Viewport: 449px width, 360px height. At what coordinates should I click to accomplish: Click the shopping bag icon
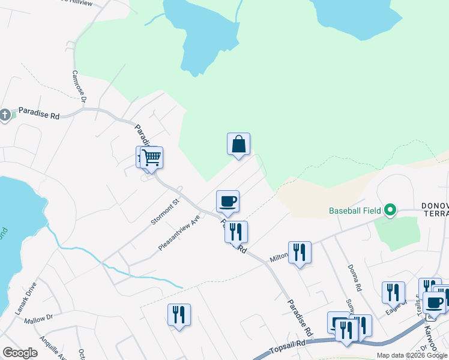[x=238, y=145]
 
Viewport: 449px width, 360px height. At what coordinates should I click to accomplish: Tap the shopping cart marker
[x=152, y=158]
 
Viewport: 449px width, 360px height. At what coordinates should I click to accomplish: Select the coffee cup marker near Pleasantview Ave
[x=228, y=201]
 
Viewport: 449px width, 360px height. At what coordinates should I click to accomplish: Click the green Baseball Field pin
[x=390, y=210]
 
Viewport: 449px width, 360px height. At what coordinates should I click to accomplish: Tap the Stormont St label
[x=165, y=212]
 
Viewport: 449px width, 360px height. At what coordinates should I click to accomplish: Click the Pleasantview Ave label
[x=178, y=233]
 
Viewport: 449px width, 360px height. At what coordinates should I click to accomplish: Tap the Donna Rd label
[x=354, y=279]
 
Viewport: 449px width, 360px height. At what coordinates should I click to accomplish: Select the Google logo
[x=20, y=353]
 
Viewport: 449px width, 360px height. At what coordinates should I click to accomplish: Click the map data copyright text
[x=412, y=355]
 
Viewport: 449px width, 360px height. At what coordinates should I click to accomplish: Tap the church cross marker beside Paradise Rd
[x=5, y=114]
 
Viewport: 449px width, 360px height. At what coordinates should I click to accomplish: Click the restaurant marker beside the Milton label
[x=300, y=252]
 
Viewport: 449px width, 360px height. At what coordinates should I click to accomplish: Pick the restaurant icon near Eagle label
[x=393, y=292]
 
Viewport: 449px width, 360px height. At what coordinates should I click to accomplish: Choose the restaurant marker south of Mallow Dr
[x=179, y=314]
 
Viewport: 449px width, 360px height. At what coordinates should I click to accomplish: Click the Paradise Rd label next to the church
[x=38, y=113]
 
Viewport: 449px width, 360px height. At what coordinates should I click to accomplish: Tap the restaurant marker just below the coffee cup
[x=236, y=232]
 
